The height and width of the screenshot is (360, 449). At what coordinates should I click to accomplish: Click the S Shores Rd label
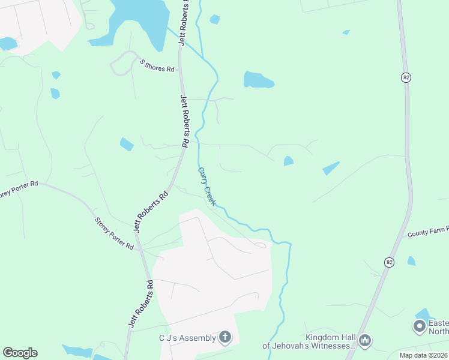157,65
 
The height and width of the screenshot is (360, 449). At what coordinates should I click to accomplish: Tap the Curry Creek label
206,187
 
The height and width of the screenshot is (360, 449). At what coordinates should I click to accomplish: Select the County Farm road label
428,233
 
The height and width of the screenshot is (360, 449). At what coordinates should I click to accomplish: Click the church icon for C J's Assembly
225,337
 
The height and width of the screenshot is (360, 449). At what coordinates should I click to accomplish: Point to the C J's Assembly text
187,338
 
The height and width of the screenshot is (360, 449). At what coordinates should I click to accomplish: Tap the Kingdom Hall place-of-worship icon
364,341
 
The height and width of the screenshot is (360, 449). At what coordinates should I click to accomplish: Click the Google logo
20,353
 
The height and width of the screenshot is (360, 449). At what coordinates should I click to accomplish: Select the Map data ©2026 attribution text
424,355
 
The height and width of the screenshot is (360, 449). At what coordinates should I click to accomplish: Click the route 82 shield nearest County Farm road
390,262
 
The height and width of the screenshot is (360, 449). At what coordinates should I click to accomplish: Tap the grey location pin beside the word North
419,327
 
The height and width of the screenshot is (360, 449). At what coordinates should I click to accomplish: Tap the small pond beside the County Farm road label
411,261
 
